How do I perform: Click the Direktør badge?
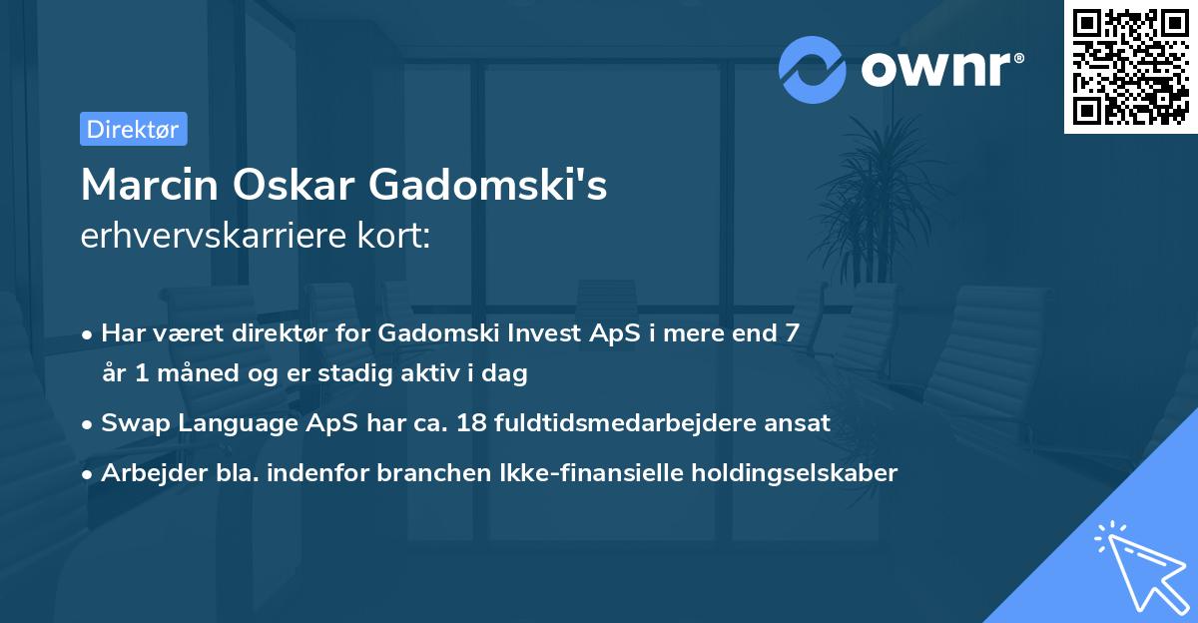pos(133,129)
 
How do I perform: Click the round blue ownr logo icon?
pos(813,70)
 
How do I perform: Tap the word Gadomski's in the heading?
pos(488,185)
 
